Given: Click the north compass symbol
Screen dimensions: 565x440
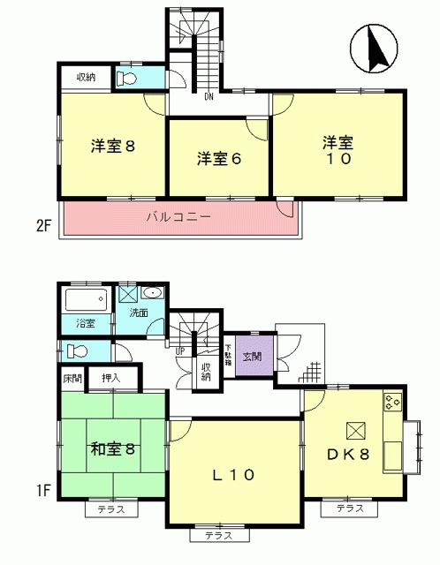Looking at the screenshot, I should (x=371, y=49).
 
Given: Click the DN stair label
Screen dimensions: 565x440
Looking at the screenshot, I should (x=209, y=96).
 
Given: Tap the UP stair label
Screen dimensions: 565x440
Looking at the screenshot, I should (x=180, y=350).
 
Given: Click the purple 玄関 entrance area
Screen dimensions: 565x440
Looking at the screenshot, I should (x=252, y=357).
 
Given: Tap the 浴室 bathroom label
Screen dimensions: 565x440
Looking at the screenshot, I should (x=86, y=323).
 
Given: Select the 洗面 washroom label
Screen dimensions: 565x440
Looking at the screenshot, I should (x=139, y=313).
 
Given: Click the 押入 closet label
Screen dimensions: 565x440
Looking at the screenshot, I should (x=110, y=378).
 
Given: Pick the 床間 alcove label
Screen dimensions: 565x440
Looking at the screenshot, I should (x=72, y=378).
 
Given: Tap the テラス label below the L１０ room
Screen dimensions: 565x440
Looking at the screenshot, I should (x=217, y=536).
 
